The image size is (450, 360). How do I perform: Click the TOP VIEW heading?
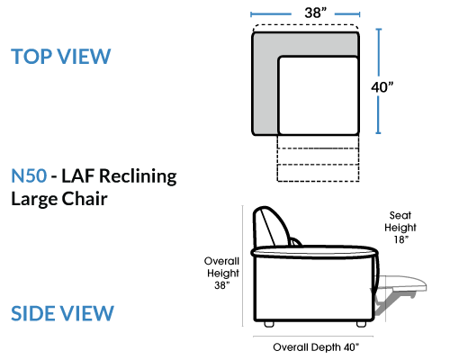[61, 57]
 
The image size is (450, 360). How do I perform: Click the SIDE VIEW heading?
[62, 313]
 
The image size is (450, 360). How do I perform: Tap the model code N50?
[29, 175]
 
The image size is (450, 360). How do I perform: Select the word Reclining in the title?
[138, 176]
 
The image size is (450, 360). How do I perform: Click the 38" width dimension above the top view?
[315, 13]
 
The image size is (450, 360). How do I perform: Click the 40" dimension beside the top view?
[382, 87]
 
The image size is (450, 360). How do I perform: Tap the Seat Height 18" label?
[400, 228]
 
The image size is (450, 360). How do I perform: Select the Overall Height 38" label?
[222, 273]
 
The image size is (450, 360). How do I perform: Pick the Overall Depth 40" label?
[316, 347]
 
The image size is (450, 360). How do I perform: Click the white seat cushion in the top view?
[319, 95]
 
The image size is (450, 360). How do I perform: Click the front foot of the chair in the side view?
[361, 324]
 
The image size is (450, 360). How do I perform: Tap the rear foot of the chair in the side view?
[269, 324]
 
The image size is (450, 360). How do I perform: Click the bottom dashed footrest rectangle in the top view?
[318, 173]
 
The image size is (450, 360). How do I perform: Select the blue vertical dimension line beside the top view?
[379, 81]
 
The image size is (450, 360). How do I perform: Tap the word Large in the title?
[33, 200]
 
